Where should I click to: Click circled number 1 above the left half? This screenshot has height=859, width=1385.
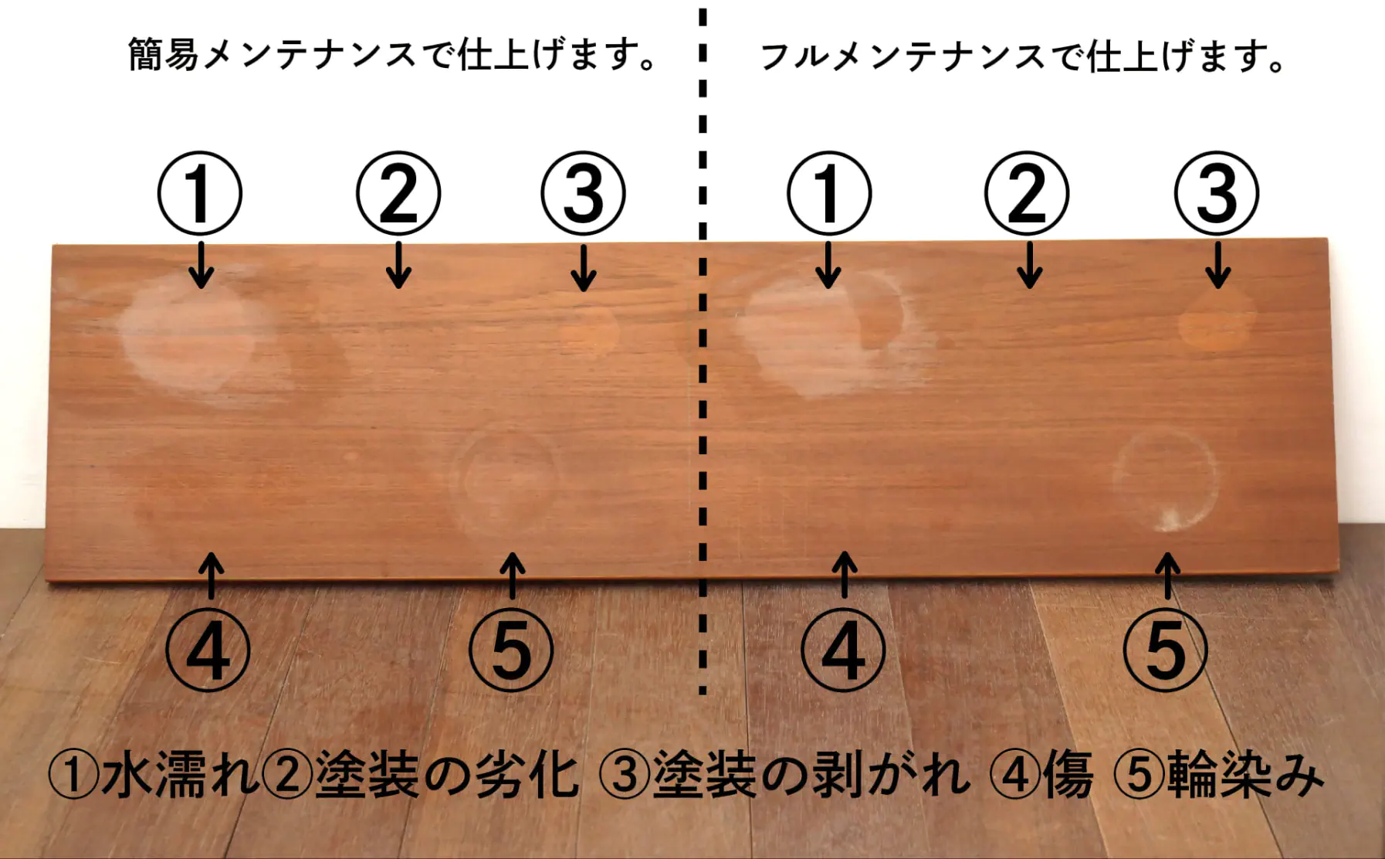click(200, 193)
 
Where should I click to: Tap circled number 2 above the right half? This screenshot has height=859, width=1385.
click(1027, 193)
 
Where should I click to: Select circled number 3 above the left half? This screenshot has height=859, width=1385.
click(583, 193)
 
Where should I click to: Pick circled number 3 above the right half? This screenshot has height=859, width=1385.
click(1217, 193)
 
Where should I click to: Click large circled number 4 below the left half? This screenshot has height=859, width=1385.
click(208, 650)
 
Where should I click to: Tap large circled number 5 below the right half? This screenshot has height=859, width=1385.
click(1166, 650)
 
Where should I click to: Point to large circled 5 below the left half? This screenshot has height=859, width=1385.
click(511, 650)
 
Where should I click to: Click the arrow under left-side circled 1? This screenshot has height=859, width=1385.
click(201, 265)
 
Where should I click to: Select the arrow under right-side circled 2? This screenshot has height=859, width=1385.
click(1029, 265)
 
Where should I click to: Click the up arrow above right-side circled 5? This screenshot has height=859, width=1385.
click(1168, 575)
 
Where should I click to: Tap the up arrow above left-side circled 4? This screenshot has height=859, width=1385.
click(212, 575)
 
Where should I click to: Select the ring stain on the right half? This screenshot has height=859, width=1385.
click(1115, 479)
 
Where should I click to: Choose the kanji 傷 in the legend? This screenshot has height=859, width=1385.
click(1068, 775)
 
